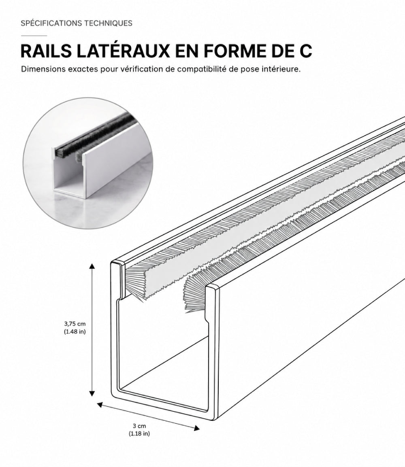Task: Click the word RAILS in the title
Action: (x=46, y=51)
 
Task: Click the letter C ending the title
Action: (x=305, y=51)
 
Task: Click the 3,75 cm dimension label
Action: (x=75, y=323)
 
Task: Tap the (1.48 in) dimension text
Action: (x=75, y=331)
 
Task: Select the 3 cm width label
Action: (x=139, y=426)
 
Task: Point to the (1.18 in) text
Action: (x=139, y=434)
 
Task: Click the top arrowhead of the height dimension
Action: (x=92, y=266)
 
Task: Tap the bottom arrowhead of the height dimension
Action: (x=92, y=393)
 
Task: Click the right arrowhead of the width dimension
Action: (x=197, y=428)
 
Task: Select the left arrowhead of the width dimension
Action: (x=100, y=404)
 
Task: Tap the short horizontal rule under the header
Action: (x=34, y=36)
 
